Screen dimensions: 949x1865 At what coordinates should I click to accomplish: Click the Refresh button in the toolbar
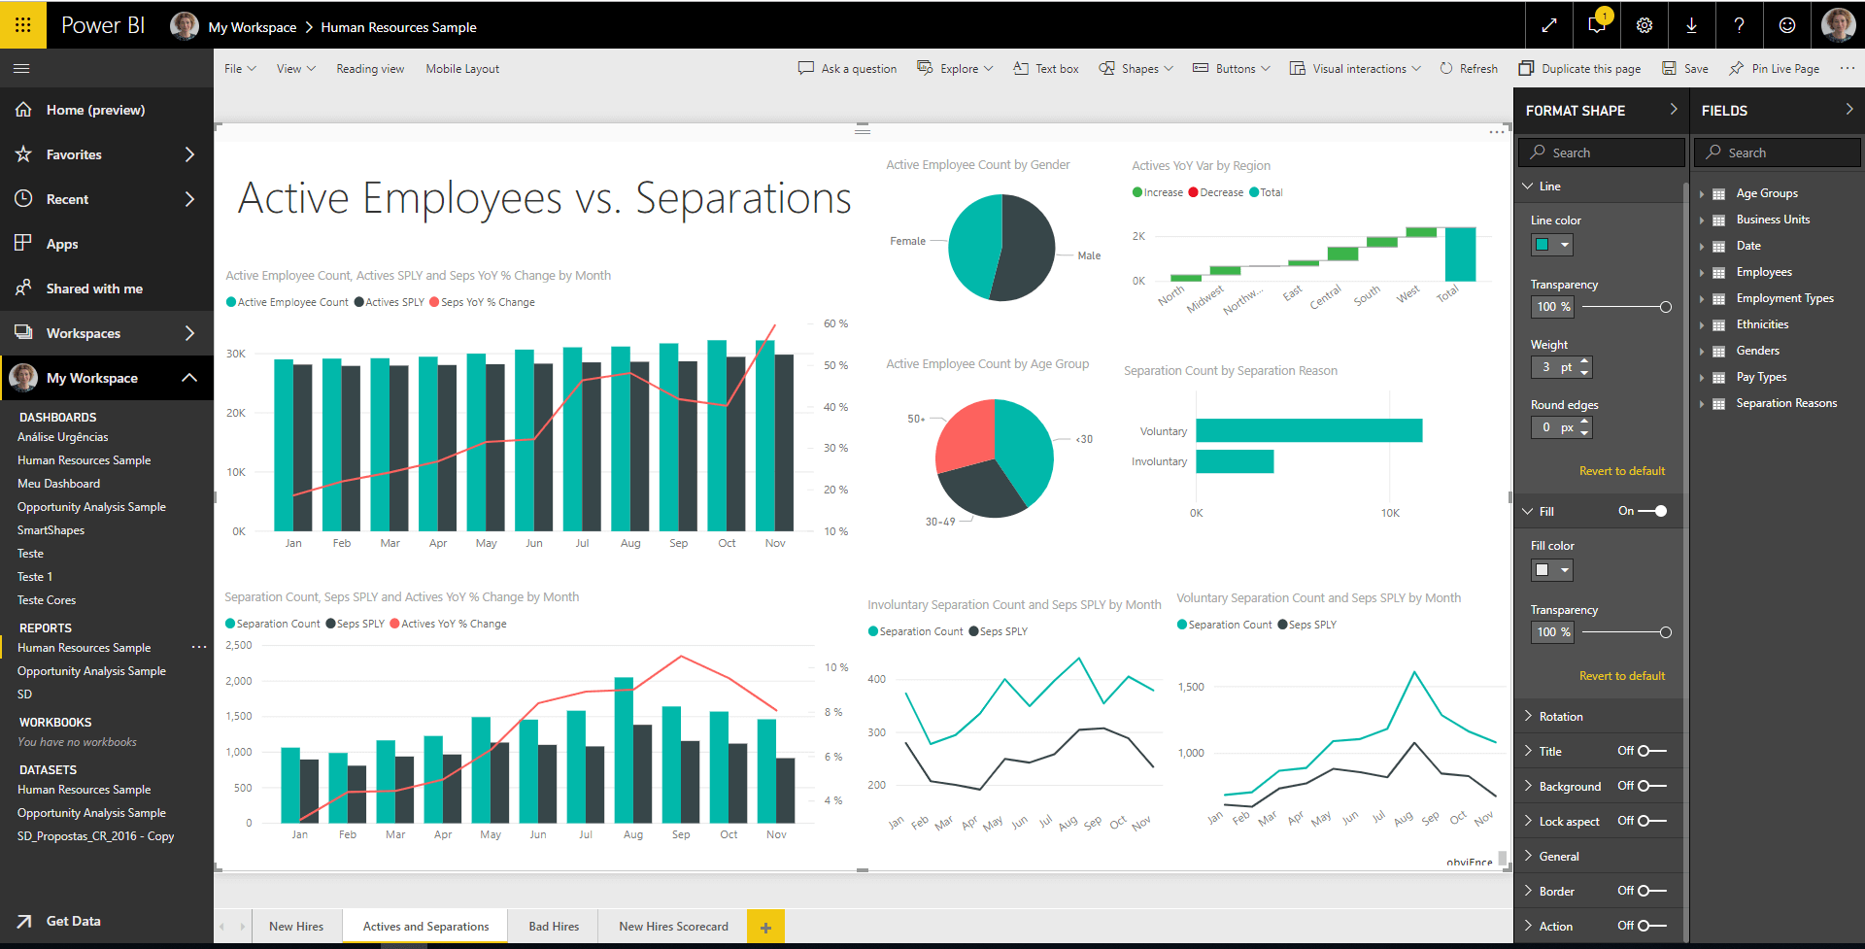click(1469, 69)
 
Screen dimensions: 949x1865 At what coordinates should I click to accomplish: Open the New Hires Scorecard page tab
click(673, 927)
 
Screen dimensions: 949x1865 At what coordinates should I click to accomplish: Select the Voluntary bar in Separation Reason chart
click(1308, 430)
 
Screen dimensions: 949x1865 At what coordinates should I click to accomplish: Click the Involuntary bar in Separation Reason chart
click(1234, 461)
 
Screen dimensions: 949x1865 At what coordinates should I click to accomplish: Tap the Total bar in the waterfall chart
click(1459, 254)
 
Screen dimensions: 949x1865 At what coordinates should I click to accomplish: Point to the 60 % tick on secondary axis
click(835, 323)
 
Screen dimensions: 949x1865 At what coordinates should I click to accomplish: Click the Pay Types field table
click(1761, 377)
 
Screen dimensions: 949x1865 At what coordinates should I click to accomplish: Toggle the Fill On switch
click(1652, 511)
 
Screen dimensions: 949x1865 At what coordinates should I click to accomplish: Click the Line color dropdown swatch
click(1551, 245)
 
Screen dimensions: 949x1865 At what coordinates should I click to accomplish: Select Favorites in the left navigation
click(74, 154)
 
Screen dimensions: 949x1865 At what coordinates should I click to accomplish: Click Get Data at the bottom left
click(73, 921)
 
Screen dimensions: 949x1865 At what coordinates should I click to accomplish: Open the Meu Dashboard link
click(58, 484)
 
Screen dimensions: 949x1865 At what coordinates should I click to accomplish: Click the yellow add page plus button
click(765, 927)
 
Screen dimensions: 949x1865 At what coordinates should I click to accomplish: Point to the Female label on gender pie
click(907, 241)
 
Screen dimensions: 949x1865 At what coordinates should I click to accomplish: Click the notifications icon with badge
click(1596, 25)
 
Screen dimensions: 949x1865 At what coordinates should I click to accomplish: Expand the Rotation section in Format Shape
click(1560, 717)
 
